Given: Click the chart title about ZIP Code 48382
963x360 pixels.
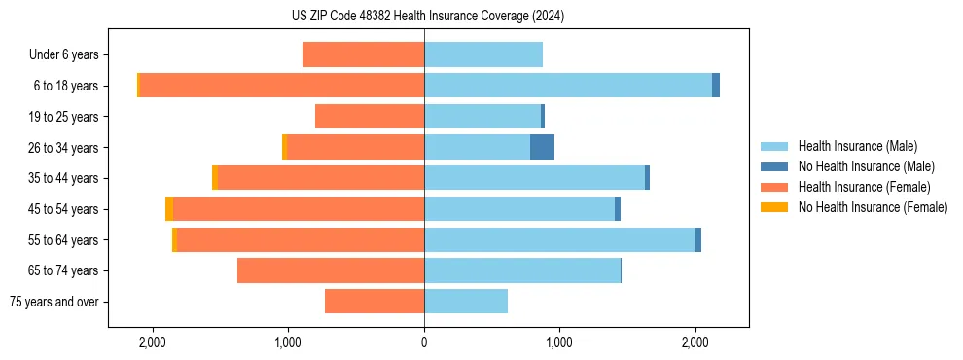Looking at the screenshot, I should point(427,17).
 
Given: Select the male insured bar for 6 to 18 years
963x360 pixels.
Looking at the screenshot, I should point(568,86).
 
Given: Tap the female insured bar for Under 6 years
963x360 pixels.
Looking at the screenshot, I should point(363,54).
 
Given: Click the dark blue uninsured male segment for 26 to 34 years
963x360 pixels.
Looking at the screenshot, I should point(542,147).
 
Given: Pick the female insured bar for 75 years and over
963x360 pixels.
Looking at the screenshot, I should point(374,302).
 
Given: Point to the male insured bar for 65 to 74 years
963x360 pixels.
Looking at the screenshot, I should point(522,270).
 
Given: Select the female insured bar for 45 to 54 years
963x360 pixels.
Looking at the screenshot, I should point(299,209).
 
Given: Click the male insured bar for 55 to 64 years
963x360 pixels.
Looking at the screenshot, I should point(559,239).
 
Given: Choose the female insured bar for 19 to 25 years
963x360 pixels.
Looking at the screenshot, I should point(370,117).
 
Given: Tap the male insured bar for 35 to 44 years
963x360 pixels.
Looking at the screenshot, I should point(534,178).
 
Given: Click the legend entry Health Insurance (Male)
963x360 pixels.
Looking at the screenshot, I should point(857,146).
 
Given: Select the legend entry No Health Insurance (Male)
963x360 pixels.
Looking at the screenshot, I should point(865,166).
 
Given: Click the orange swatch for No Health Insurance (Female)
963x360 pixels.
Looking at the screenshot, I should point(773,207).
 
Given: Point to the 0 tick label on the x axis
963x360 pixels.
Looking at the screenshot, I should point(424,342).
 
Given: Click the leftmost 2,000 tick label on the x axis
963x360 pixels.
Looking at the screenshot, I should point(152,342).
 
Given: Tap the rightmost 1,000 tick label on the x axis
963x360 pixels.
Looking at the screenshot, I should point(559,342).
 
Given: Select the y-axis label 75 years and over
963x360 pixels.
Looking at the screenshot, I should point(53,302).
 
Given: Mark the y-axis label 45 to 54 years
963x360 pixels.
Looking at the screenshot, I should point(64,209).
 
